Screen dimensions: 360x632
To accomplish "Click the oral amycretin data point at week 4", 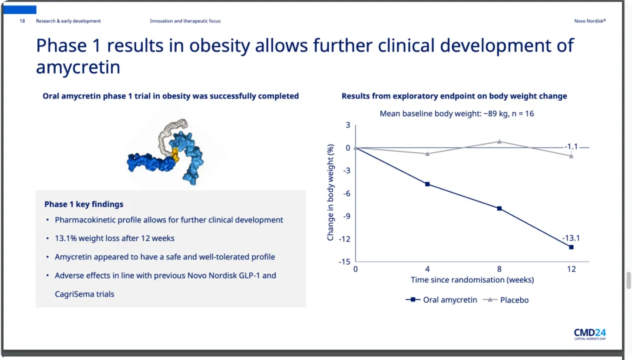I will coord(427,184).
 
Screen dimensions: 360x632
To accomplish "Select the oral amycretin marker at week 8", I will coord(499,208).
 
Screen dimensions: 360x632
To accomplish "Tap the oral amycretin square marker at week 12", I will coord(571,247).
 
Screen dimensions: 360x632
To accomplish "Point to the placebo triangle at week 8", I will coord(499,141).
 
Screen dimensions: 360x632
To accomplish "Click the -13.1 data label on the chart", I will coord(571,238).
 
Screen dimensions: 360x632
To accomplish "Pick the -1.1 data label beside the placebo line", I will coord(571,147).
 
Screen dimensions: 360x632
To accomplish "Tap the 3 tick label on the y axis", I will coord(348,125).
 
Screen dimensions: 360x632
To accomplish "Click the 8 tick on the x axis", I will coord(499,269).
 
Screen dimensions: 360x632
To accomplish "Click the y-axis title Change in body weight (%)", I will coord(331,193).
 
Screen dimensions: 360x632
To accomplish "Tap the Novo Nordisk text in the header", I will coord(589,21).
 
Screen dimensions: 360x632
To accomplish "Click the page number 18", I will coord(22,21).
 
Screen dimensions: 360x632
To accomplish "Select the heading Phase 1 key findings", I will coord(84,204).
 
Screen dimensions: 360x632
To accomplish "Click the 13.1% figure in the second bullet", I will coord(66,238).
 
